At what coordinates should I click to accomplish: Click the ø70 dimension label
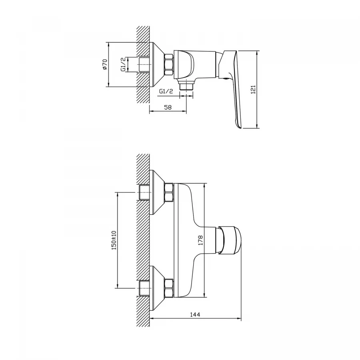(x=105, y=64)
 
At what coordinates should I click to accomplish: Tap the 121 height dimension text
(x=253, y=89)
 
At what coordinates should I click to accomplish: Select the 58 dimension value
(x=168, y=107)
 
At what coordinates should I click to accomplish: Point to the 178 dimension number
(x=200, y=240)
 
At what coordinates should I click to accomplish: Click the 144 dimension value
(x=195, y=314)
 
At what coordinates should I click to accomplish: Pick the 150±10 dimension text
(x=114, y=240)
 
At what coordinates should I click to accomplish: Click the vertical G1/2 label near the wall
(x=123, y=64)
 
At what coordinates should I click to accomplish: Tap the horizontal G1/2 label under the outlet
(x=166, y=91)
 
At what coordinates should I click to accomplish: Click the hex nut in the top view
(x=169, y=64)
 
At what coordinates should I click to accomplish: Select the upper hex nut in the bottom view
(x=169, y=192)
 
